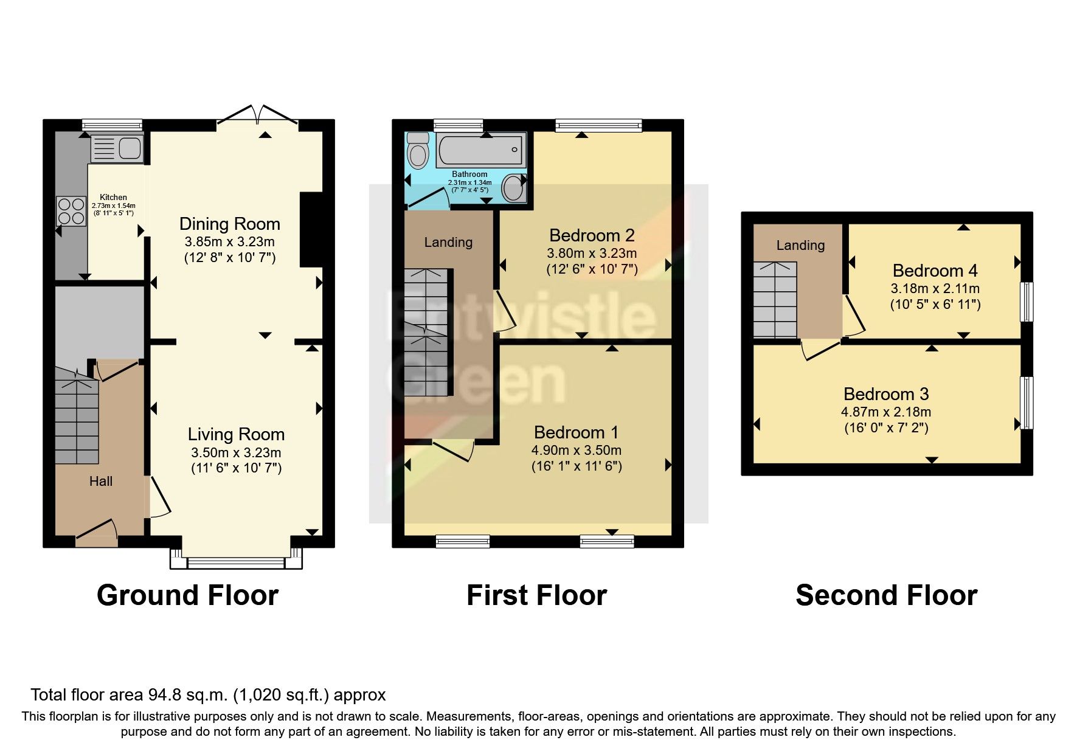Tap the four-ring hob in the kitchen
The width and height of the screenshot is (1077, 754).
tap(71, 211)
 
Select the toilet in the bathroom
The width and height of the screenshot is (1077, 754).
tap(418, 150)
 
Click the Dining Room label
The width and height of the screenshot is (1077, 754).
tap(229, 224)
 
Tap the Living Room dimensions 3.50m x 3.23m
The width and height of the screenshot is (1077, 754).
tap(236, 452)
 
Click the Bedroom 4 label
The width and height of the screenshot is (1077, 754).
tap(935, 271)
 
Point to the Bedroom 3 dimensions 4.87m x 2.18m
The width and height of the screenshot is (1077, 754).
tap(885, 412)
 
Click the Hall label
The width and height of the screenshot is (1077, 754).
tap(101, 482)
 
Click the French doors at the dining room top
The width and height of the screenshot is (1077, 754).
tap(258, 116)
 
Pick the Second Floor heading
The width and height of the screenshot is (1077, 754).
tap(886, 595)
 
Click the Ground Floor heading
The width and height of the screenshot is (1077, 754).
tap(187, 595)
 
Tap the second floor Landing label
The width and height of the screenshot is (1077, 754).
tap(800, 246)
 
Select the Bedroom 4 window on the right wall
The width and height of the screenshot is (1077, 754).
tap(1027, 301)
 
